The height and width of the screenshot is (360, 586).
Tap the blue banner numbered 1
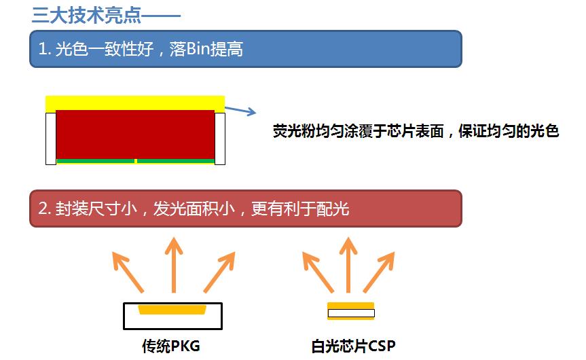(x=245, y=49)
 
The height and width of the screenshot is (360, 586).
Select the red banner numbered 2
(x=245, y=209)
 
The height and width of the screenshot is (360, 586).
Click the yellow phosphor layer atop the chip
(x=134, y=103)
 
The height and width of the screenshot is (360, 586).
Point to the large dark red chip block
(x=134, y=134)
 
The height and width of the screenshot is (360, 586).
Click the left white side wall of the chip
(x=50, y=139)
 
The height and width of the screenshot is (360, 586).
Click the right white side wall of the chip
(x=220, y=139)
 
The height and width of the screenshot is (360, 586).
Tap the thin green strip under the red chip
(x=95, y=162)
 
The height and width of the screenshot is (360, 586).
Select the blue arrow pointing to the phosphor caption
(x=240, y=110)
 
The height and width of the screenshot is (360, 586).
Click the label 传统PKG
(x=171, y=346)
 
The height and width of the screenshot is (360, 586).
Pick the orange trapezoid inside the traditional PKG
(x=172, y=310)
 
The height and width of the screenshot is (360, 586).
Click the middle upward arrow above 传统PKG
(x=174, y=265)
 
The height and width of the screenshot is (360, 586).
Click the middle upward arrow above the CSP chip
(x=348, y=265)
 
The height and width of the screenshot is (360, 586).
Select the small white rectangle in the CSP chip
(x=350, y=314)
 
